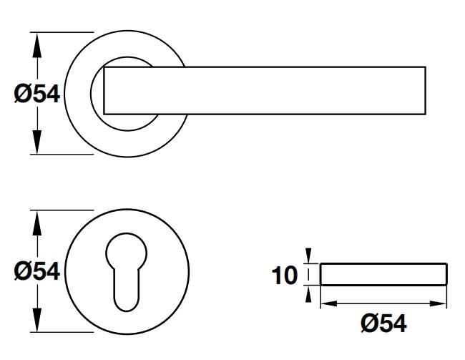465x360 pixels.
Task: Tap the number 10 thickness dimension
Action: coord(285,275)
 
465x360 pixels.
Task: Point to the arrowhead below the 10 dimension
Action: coord(308,293)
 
